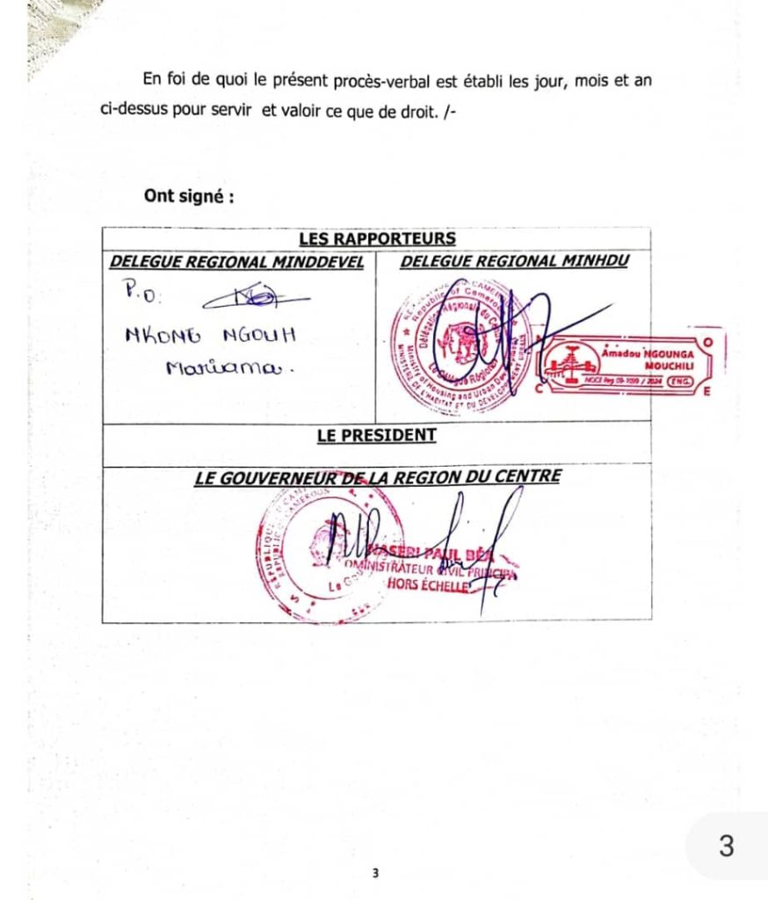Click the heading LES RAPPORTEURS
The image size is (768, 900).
pyautogui.click(x=376, y=238)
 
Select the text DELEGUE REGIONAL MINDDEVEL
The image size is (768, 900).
pyautogui.click(x=236, y=262)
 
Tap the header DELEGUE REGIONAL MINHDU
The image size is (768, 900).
pyautogui.click(x=514, y=261)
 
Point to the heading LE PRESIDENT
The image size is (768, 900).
pyautogui.click(x=376, y=434)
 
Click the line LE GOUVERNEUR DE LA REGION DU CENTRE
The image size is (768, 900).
pyautogui.click(x=377, y=477)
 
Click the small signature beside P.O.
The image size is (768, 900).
pyautogui.click(x=255, y=300)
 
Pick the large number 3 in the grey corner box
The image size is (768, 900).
pyautogui.click(x=726, y=846)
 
